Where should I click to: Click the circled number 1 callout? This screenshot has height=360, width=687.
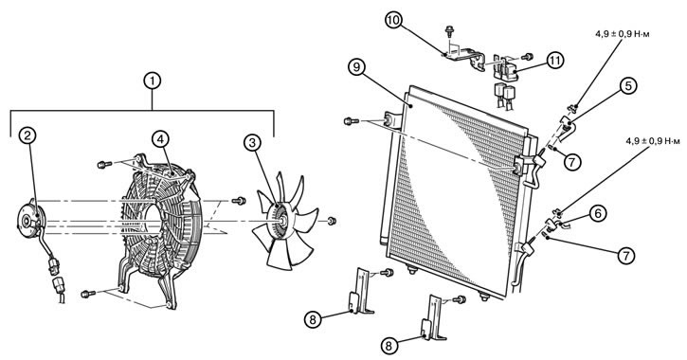coord(152,81)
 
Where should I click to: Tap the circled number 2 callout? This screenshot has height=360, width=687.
coord(27,135)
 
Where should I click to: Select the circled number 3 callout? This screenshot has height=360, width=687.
coord(252,142)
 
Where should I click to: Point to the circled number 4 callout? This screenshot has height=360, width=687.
coord(160,139)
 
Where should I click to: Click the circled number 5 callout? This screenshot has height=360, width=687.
coord(628,86)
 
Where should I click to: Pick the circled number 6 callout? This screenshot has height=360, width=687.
coord(599,214)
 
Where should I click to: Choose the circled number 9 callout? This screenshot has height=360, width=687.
coord(357,68)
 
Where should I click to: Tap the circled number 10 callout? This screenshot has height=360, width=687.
coord(393,21)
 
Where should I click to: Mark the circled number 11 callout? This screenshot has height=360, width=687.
coord(555,62)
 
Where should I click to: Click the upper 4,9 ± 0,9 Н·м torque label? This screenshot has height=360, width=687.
coord(623,34)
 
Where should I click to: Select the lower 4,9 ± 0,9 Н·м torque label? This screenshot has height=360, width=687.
coord(653,141)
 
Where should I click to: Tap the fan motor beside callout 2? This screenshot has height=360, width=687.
coord(29,218)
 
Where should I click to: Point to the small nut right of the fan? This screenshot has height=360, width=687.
coord(332,221)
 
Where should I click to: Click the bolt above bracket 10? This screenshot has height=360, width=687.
coord(449,31)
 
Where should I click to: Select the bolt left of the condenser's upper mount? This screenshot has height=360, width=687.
coord(352,120)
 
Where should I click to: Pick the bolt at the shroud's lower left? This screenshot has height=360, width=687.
coord(88,294)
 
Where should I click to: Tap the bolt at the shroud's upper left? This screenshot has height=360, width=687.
coord(105,165)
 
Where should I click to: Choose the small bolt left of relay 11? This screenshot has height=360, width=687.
coord(528,57)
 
